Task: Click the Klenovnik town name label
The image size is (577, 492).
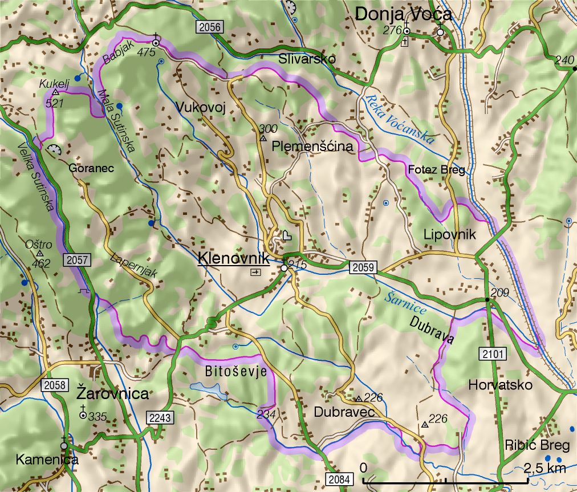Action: point(234,258)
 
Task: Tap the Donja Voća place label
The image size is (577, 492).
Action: point(403,15)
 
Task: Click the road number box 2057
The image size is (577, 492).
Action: point(77,260)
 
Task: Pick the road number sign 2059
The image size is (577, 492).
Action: point(363,267)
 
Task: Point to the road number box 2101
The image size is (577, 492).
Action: point(493,354)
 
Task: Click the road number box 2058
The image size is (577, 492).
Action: point(54,385)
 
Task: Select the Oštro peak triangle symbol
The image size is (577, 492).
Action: point(39,254)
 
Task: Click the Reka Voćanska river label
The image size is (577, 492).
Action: point(400,118)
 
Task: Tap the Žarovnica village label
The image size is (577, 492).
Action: point(113,394)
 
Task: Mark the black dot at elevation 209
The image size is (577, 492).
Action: point(487,299)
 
